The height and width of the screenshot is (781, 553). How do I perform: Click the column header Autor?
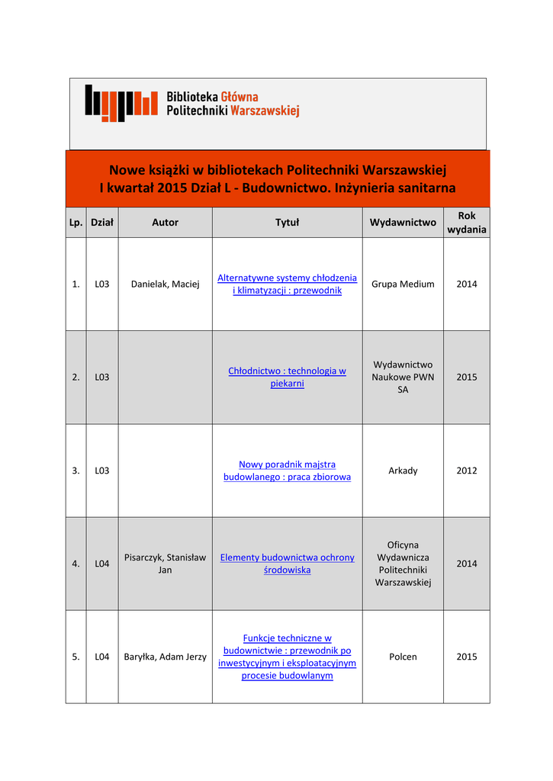click(x=165, y=223)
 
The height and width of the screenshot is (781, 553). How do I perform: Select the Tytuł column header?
click(x=287, y=223)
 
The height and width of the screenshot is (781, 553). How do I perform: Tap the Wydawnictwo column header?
click(x=403, y=223)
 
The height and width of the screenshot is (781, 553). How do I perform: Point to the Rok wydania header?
click(x=467, y=223)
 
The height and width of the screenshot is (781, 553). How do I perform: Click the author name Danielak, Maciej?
click(x=165, y=284)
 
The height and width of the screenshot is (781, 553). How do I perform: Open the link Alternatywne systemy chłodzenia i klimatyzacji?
click(x=287, y=284)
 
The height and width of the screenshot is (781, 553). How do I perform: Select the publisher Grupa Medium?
click(x=403, y=284)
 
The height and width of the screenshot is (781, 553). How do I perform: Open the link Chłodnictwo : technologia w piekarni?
click(x=287, y=377)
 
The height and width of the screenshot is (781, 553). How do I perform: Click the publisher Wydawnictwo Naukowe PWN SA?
click(x=403, y=377)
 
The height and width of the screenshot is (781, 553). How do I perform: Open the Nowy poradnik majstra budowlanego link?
click(x=287, y=470)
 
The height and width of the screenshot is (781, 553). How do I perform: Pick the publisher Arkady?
click(x=403, y=471)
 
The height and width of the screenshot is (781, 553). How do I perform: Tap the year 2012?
click(x=467, y=471)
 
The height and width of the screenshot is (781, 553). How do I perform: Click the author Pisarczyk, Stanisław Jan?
click(x=165, y=564)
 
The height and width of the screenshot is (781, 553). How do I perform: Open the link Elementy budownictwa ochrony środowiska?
click(x=287, y=564)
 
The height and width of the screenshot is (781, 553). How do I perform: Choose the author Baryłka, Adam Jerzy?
click(x=165, y=657)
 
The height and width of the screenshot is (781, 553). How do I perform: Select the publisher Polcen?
click(x=403, y=657)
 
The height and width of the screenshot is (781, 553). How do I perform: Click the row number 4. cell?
click(x=76, y=564)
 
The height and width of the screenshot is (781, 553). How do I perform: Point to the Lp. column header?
click(x=76, y=223)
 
